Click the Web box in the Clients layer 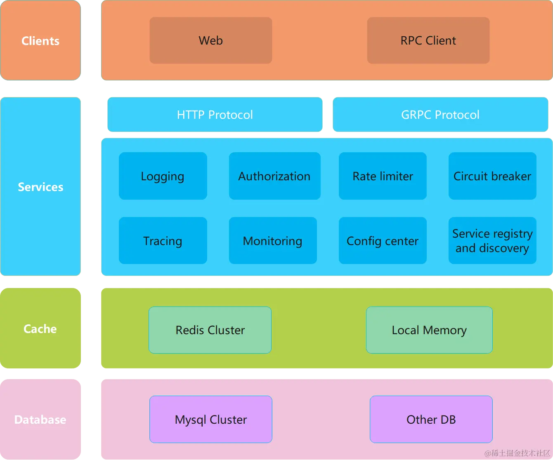click(210, 40)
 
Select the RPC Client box click(428, 40)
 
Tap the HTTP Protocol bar click(215, 115)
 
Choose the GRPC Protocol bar click(440, 115)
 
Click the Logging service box click(163, 176)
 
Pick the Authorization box click(274, 176)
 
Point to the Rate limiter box click(383, 176)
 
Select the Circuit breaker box click(492, 176)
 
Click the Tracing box click(163, 241)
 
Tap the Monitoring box click(273, 241)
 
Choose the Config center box click(383, 241)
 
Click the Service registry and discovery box click(492, 241)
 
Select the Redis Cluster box click(210, 330)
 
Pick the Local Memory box click(429, 330)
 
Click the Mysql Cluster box click(210, 420)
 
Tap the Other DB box click(431, 420)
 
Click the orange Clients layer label click(40, 40)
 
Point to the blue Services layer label click(40, 187)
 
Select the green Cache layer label click(40, 329)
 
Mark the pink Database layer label click(40, 420)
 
